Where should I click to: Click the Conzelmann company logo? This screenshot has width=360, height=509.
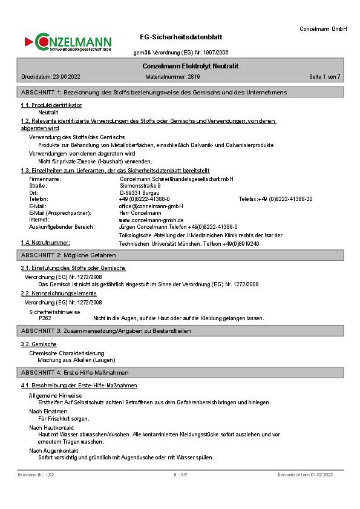click(68, 42)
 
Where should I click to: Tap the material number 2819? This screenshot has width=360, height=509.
click(194, 77)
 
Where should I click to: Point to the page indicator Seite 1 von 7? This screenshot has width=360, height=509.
click(325, 77)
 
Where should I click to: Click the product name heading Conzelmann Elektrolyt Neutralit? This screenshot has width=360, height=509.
click(191, 65)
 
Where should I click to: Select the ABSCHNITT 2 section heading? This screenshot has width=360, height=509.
click(68, 255)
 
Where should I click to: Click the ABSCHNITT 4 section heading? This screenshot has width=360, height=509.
click(74, 372)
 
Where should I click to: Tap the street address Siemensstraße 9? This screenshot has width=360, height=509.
click(140, 186)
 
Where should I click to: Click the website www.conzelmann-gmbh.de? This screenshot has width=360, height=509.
click(151, 220)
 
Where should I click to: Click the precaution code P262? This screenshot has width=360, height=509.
click(45, 318)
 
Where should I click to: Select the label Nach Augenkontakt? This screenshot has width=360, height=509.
click(54, 451)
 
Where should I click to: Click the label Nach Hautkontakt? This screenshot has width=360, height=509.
click(52, 427)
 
